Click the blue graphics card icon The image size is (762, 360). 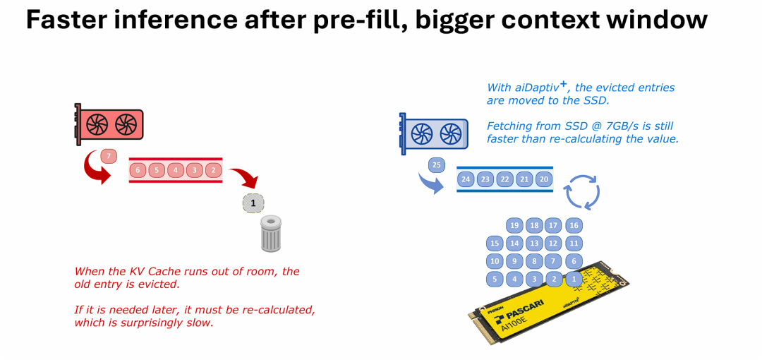433,133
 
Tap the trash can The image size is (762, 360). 271,234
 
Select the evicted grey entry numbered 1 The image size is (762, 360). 253,203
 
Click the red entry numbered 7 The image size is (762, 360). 108,155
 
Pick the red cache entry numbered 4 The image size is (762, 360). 176,170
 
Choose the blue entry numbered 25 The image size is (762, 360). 437,165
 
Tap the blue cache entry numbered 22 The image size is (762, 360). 504,179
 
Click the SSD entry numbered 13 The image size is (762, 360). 534,244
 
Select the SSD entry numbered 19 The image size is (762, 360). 514,226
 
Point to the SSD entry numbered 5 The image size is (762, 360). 495,279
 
